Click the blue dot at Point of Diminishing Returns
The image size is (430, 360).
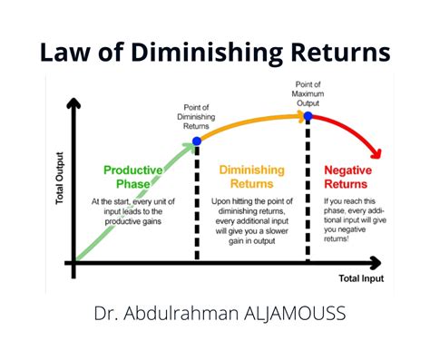[x=198, y=141]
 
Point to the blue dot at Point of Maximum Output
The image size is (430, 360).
[x=308, y=116]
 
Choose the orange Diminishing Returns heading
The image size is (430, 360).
[x=252, y=178]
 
